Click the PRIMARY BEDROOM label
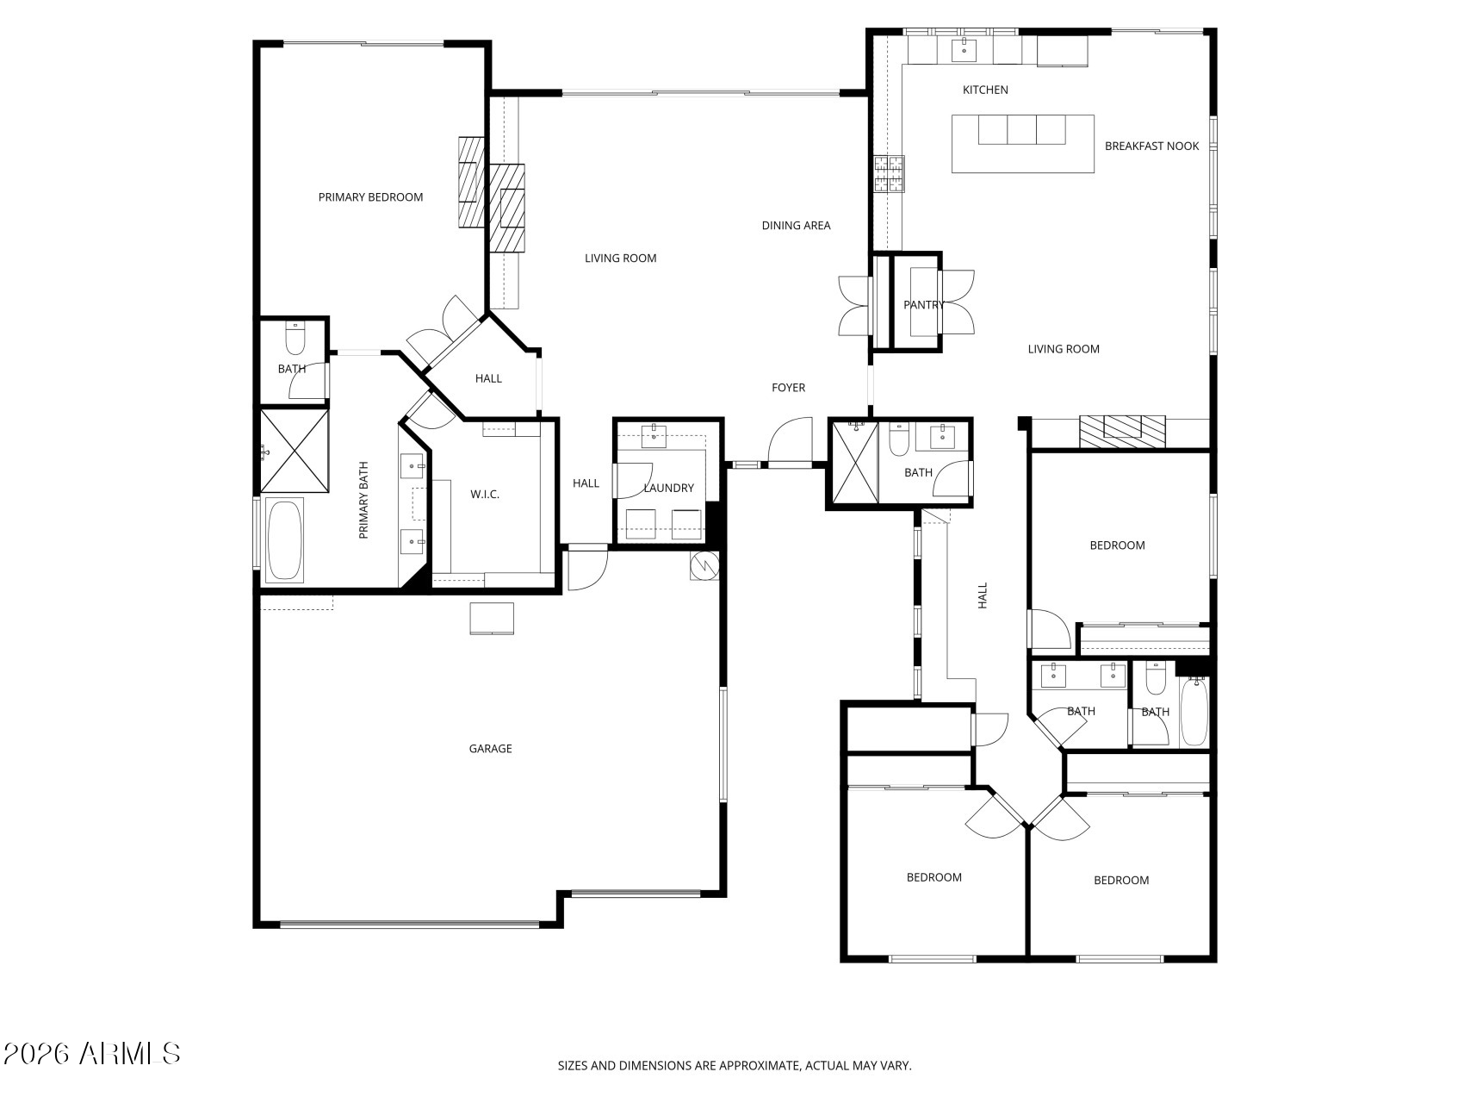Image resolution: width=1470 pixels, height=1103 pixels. coord(370,197)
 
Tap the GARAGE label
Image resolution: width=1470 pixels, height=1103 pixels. coord(490,749)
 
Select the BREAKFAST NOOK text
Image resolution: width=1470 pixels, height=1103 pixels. coord(1151,146)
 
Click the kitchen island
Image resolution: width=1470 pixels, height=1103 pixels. coord(1022,144)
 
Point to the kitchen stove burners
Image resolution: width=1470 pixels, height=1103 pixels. coord(889,173)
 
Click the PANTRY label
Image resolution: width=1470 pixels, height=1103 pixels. coord(923,305)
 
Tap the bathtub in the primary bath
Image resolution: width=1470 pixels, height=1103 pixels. coord(284,539)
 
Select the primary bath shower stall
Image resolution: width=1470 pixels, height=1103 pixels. coord(295,450)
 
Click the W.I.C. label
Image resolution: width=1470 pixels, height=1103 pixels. coord(485,495)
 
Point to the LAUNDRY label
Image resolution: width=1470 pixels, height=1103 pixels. coord(668,489)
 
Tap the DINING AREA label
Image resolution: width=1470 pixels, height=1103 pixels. coord(796,226)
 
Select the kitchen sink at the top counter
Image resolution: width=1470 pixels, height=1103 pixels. coord(963,50)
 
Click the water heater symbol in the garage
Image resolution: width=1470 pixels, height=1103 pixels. coord(704,565)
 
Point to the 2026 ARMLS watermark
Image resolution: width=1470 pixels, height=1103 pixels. coord(91,1053)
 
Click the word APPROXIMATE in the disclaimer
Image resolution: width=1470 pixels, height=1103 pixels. coord(759,1066)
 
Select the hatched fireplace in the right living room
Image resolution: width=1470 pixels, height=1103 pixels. coord(1122,430)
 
